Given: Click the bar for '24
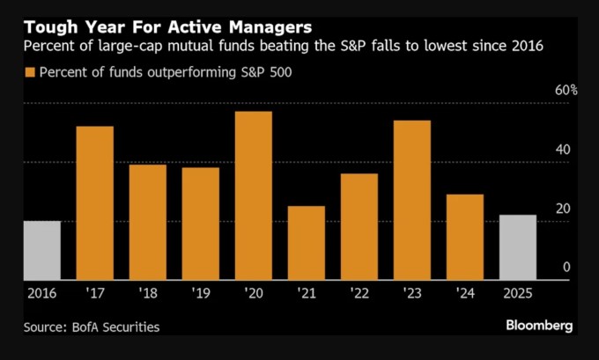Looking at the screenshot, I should coord(464,237).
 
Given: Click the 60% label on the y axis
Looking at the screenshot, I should coord(566,91).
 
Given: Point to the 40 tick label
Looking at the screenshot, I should coord(561,150).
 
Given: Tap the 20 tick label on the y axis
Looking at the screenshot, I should coord(561,209).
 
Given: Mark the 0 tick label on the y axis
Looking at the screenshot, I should coord(566,268).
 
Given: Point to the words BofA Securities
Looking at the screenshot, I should coord(115,327).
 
